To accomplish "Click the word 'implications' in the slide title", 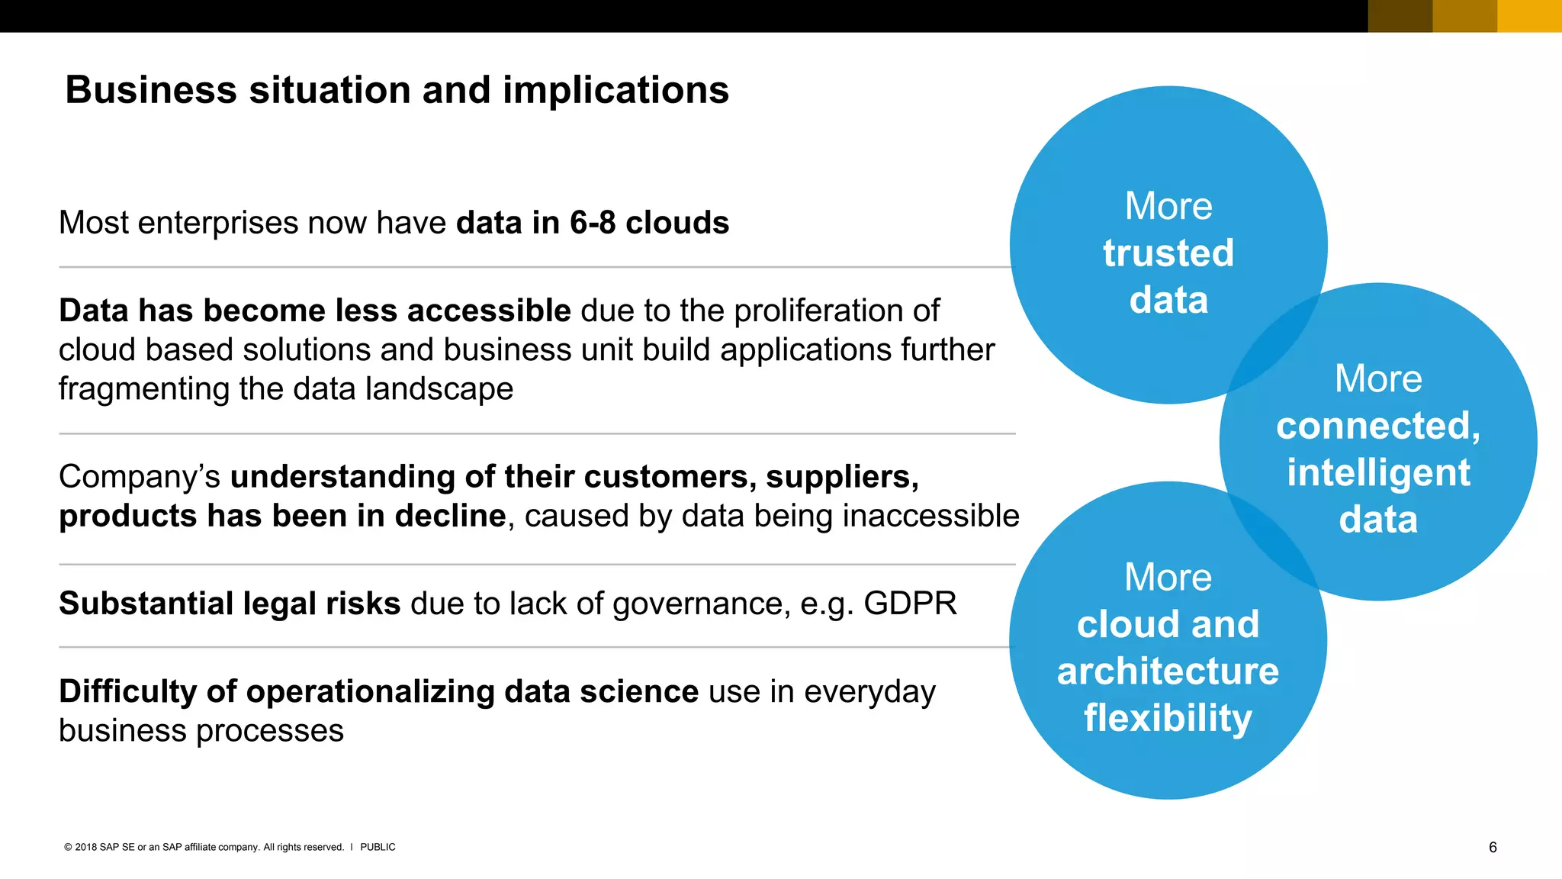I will [615, 91].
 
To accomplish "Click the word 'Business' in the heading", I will [151, 91].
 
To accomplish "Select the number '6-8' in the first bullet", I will [593, 223].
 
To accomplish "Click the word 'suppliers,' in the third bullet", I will [842, 477].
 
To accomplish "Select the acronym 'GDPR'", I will [910, 604].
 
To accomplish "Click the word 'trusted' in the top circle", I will [1168, 253].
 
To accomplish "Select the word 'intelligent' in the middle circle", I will [1377, 473].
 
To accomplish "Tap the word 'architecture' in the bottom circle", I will [1168, 671].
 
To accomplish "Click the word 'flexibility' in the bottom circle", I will [1168, 719].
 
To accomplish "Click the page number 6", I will [1493, 848].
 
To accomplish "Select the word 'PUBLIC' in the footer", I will [378, 847].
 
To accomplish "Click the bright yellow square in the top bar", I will [1529, 16].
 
